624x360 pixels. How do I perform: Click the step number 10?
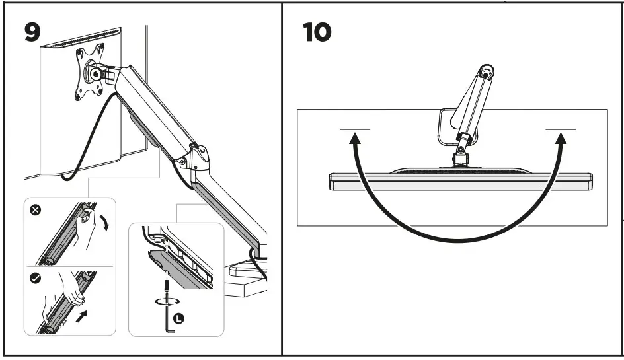(317, 32)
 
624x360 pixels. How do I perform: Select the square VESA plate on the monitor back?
(89, 73)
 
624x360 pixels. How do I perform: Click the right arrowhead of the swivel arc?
(561, 137)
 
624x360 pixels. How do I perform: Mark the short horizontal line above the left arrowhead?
(355, 128)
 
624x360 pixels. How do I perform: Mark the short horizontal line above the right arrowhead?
(561, 128)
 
